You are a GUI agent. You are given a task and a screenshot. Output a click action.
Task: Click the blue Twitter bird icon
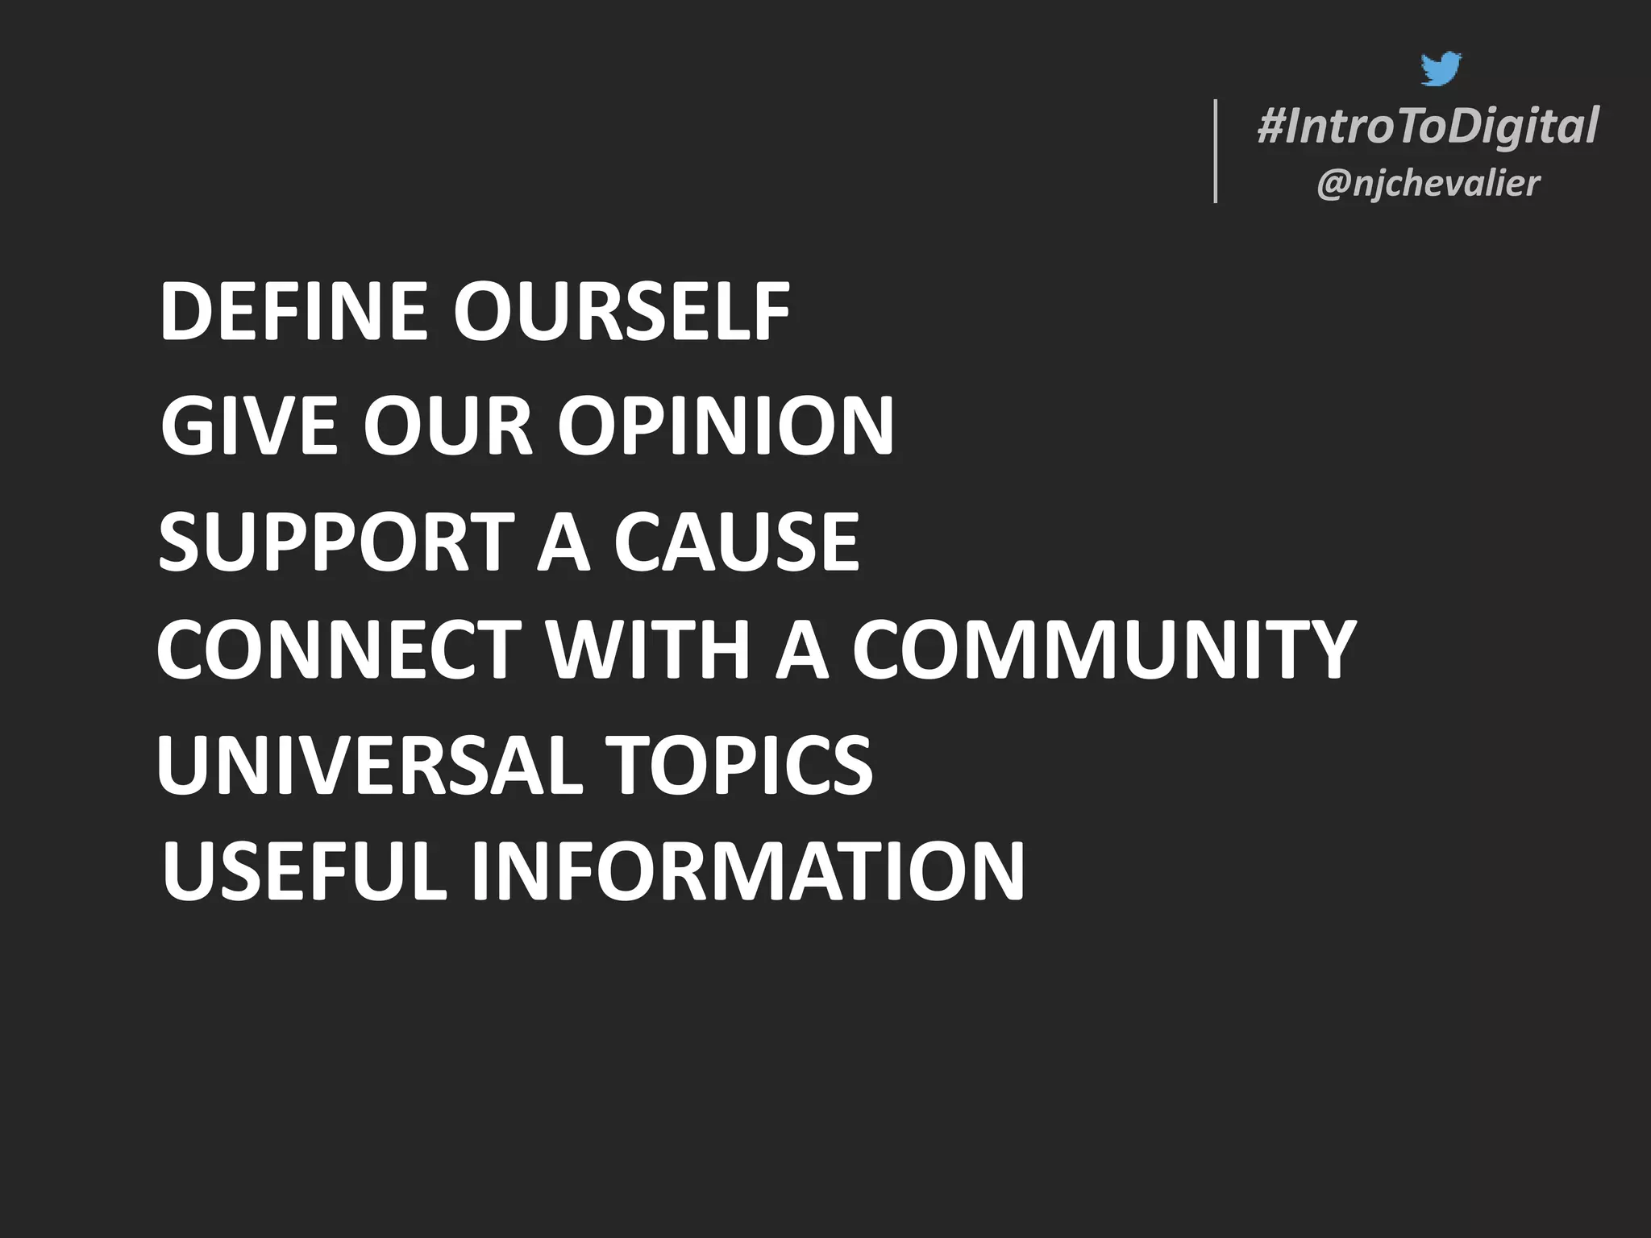point(1441,69)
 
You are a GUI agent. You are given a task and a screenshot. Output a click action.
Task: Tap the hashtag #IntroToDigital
point(1428,127)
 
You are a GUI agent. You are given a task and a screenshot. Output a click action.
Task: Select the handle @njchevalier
point(1428,184)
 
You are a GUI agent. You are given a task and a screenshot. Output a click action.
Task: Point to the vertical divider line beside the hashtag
point(1216,151)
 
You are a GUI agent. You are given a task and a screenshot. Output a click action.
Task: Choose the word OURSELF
point(622,313)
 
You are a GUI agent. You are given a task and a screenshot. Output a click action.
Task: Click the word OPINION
point(726,426)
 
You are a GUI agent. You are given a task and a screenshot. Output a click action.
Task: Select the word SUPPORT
point(335,542)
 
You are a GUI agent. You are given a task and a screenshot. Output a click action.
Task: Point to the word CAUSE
point(736,542)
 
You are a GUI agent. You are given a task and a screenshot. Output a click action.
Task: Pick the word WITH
point(649,650)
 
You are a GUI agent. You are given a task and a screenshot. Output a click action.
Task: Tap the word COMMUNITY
point(1104,650)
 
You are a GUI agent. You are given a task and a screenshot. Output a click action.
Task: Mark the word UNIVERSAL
point(369,765)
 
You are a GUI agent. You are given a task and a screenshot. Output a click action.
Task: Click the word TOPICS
point(738,765)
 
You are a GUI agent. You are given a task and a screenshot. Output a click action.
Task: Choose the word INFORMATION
point(747,872)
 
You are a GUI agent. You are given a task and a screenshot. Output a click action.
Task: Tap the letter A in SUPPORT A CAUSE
point(564,542)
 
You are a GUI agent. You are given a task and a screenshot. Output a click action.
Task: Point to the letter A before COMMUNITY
point(802,650)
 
